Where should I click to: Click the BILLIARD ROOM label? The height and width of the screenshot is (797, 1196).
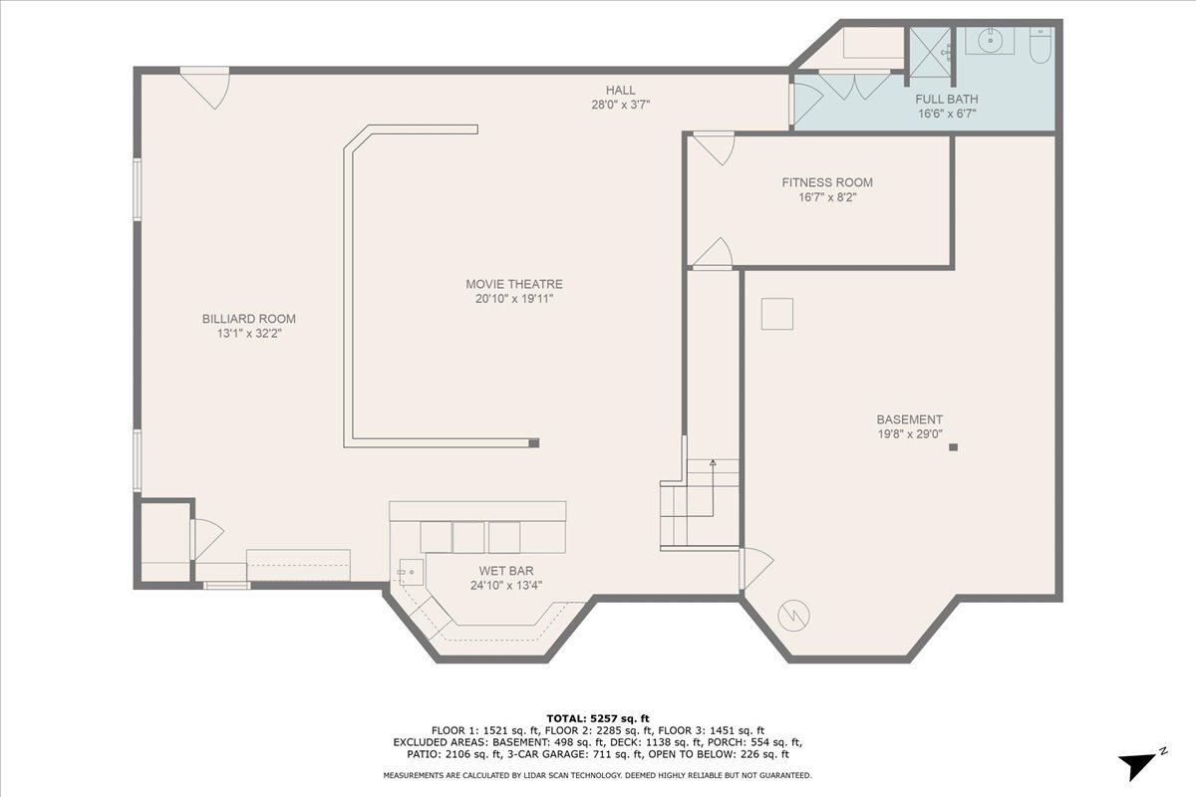[x=249, y=319]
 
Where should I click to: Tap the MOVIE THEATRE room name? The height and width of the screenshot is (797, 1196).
[x=513, y=284]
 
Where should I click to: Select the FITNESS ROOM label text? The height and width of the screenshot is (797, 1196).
[x=826, y=182]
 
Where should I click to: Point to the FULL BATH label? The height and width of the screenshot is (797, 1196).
[x=946, y=99]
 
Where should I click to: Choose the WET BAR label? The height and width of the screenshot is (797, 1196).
[x=505, y=571]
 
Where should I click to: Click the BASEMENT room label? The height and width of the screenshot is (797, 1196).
[x=909, y=419]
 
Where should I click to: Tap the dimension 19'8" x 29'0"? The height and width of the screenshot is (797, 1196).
[x=909, y=433]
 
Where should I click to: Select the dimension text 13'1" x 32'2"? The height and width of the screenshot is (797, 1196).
[x=249, y=334]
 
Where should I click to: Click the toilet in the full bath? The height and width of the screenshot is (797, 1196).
[x=1040, y=46]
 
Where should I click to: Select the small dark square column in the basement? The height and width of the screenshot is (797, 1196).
[x=954, y=447]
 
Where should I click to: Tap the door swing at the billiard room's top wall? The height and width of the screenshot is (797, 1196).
[x=206, y=86]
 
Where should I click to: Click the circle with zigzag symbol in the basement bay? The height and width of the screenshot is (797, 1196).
[x=794, y=615]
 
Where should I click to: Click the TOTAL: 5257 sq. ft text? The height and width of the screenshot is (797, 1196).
[x=598, y=717]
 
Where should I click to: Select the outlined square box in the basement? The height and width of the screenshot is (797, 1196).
[x=776, y=314]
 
